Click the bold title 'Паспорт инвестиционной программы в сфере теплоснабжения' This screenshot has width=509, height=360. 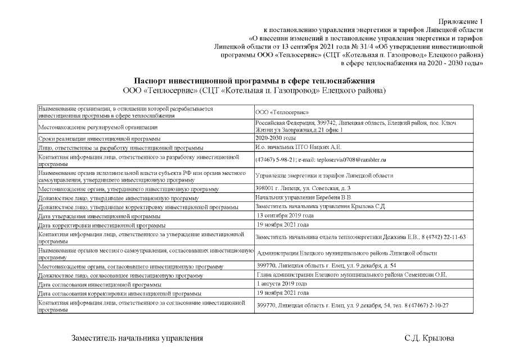click(254, 81)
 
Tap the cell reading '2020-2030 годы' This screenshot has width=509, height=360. click(276, 138)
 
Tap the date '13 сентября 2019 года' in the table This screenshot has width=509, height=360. click(285, 216)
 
